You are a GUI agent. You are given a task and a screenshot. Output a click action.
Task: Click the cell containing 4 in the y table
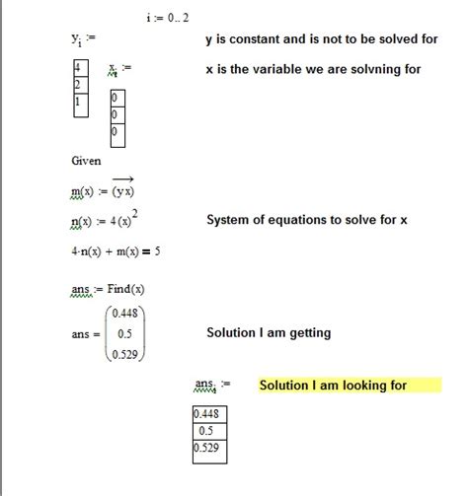(x=78, y=67)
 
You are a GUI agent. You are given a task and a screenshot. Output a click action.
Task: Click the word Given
(x=86, y=161)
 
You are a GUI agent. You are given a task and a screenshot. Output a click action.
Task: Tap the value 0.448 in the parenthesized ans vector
(x=123, y=315)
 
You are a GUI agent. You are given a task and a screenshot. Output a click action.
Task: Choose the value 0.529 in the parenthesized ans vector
(x=123, y=354)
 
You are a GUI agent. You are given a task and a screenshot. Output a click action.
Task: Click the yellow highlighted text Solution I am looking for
(x=333, y=386)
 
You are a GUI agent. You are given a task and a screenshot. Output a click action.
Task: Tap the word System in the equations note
(x=229, y=220)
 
